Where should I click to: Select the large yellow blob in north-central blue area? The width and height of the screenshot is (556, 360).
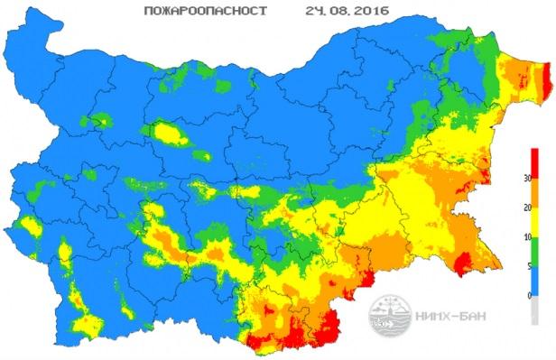coord(172,135)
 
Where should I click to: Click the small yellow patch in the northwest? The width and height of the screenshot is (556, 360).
coord(101,121)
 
